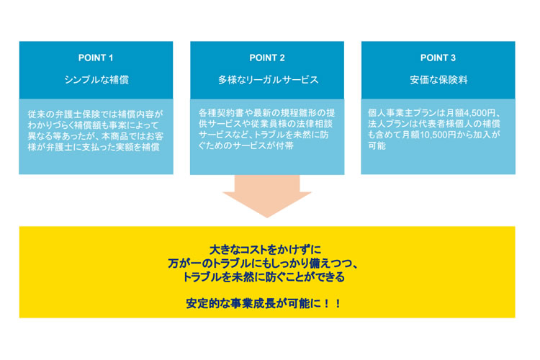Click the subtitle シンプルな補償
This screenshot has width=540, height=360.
pos(95,80)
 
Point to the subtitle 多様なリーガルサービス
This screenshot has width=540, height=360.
pos(267,80)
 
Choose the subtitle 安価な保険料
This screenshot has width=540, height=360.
pos(438,80)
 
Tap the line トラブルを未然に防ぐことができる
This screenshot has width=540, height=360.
pos(267,276)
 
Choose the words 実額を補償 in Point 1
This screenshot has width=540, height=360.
pos(146,146)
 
